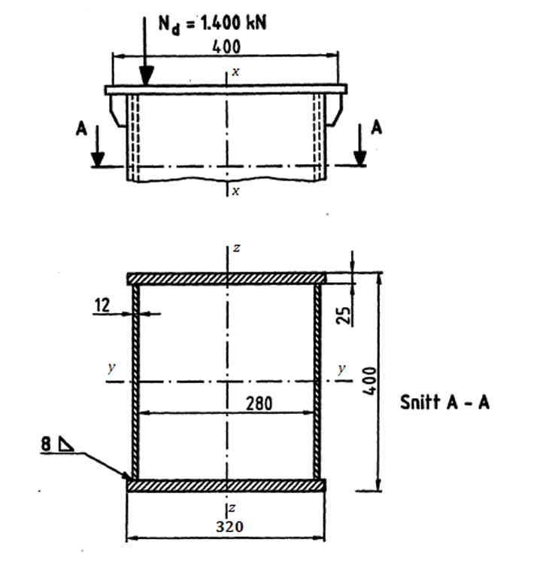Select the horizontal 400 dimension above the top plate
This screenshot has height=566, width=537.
tap(226, 47)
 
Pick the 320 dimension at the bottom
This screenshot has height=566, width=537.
tap(226, 527)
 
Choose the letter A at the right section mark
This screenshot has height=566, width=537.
tap(377, 127)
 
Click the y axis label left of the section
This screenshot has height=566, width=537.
tap(111, 368)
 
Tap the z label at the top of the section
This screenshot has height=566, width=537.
tap(235, 248)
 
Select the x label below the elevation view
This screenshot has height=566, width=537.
tap(235, 191)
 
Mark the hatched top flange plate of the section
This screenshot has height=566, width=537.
tap(226, 279)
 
